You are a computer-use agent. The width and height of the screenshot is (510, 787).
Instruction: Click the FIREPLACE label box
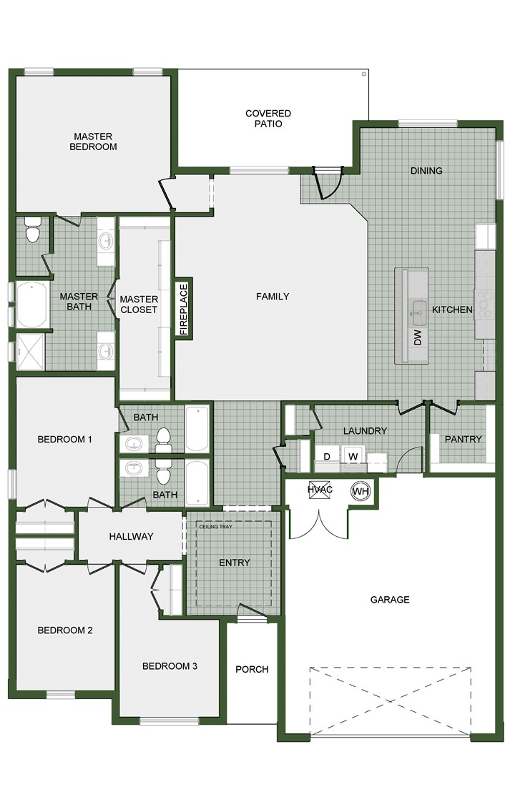pyautogui.click(x=183, y=309)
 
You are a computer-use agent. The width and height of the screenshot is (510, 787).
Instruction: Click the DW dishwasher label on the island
pyautogui.click(x=418, y=337)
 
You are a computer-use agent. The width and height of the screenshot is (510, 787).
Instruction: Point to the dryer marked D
pyautogui.click(x=327, y=456)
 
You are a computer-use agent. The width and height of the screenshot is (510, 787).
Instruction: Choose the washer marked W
pyautogui.click(x=352, y=456)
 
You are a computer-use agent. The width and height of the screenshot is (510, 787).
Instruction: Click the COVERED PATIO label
pyautogui.click(x=268, y=119)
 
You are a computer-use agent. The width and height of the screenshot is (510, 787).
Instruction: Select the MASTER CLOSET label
pyautogui.click(x=138, y=305)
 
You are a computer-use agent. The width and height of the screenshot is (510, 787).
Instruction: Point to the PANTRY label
pyautogui.click(x=463, y=439)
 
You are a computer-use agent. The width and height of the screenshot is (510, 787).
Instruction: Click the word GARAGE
pyautogui.click(x=390, y=600)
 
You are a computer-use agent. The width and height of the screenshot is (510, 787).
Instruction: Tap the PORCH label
pyautogui.click(x=252, y=670)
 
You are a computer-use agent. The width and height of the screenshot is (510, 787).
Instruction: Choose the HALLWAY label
pyautogui.click(x=131, y=537)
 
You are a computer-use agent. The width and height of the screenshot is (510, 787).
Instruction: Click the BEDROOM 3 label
pyautogui.click(x=170, y=666)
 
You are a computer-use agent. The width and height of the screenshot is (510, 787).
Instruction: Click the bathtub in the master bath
pyautogui.click(x=31, y=305)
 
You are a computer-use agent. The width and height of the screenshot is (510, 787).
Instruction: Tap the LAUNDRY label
pyautogui.click(x=365, y=431)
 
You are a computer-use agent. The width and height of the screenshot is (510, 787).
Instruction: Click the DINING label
pyautogui.click(x=426, y=171)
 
